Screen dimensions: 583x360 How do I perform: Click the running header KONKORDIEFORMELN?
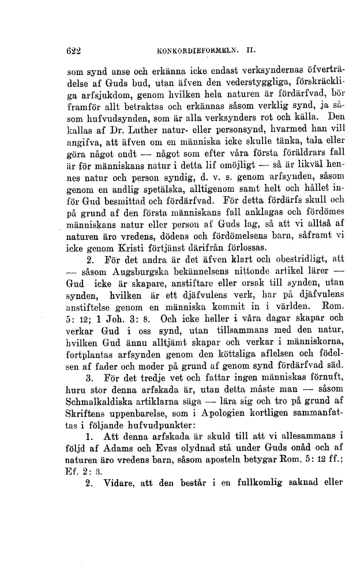(193, 50)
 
